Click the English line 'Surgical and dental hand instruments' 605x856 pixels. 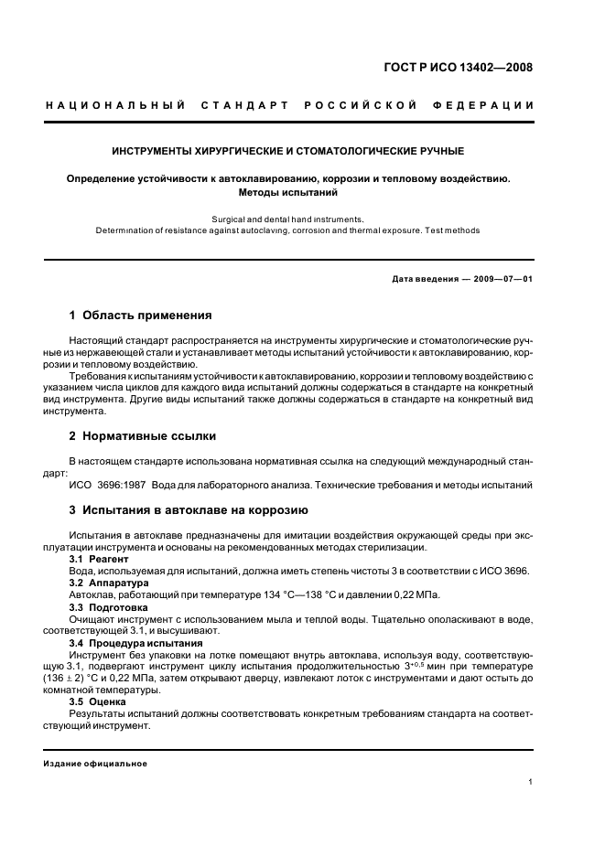tap(287, 219)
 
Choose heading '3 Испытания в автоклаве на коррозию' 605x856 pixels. tap(189, 509)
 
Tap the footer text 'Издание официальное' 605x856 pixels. tap(96, 764)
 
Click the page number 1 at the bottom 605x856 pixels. tap(531, 782)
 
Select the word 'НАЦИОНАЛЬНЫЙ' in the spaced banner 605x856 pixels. tap(115, 106)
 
